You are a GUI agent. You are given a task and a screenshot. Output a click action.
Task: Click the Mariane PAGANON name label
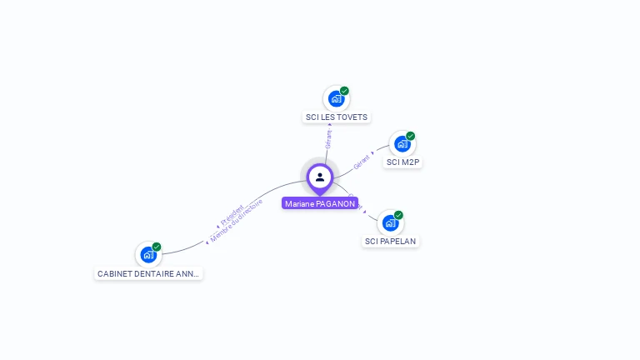(320, 203)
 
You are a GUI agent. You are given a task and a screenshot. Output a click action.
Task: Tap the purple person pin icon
(320, 177)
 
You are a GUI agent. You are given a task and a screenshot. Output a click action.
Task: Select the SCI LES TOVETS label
(337, 117)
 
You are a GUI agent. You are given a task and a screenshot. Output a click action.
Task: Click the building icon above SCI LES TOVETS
(336, 98)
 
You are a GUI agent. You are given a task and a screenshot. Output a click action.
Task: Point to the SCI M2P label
(402, 162)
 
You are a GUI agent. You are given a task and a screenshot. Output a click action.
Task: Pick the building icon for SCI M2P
(402, 143)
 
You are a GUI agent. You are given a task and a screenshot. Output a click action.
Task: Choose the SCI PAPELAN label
(390, 242)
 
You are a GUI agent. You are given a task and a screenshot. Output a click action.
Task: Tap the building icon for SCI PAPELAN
(390, 222)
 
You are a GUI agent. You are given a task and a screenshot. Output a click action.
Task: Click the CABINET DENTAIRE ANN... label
(148, 273)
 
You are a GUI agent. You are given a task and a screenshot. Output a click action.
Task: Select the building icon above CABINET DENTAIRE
(148, 254)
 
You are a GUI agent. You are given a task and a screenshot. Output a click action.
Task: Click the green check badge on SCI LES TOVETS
(344, 91)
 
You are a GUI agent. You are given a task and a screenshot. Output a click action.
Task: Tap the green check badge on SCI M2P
(410, 136)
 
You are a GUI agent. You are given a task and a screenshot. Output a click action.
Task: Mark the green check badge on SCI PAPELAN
(398, 215)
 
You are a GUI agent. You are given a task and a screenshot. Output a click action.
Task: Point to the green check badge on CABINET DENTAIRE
(157, 247)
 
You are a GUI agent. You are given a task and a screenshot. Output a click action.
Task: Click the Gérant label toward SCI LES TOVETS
(329, 138)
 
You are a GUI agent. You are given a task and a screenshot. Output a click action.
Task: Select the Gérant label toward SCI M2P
(362, 162)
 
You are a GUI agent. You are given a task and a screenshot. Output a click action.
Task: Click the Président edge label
(232, 213)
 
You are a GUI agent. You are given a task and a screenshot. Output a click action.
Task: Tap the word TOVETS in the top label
(352, 117)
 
